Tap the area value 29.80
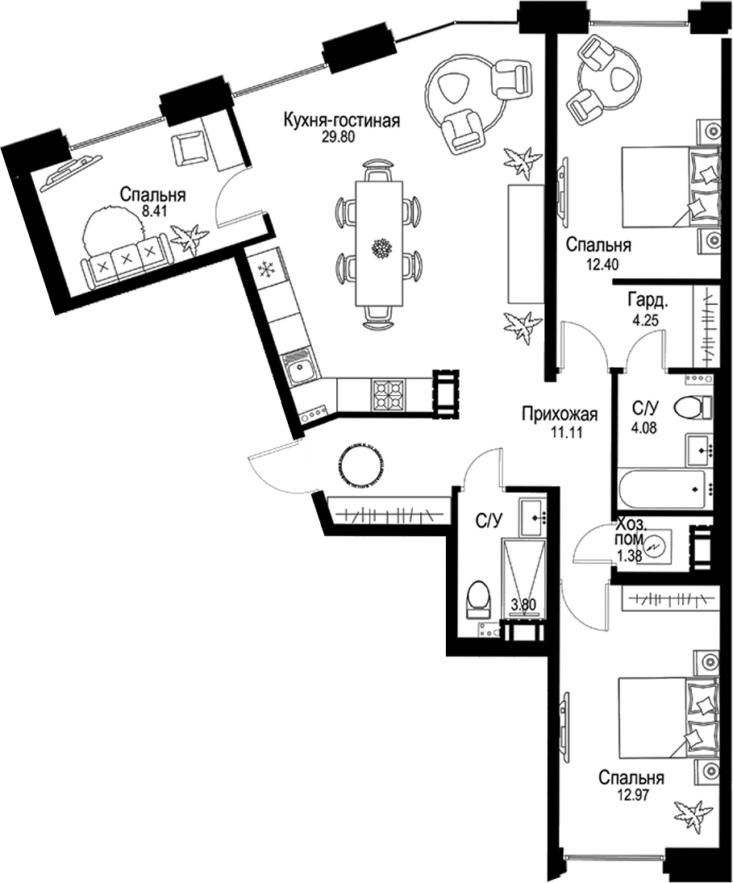(x=339, y=136)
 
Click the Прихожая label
(x=560, y=415)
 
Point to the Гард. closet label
(x=646, y=301)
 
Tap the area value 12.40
(x=598, y=260)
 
